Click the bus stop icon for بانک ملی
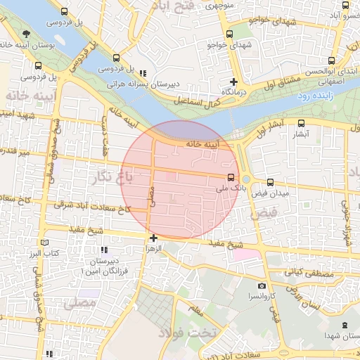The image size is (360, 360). click(x=231, y=176)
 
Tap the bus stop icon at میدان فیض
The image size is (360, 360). click(x=271, y=181)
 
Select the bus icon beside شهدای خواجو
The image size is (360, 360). click(x=229, y=34)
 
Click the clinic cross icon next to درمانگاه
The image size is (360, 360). click(x=233, y=82)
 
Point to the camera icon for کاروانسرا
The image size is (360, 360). click(x=262, y=285)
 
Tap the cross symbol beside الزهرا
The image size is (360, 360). click(x=153, y=238)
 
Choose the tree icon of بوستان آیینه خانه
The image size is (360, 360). click(x=26, y=34)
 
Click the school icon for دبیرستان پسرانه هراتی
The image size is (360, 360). click(x=143, y=72)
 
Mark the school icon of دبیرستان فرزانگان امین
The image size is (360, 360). click(x=104, y=250)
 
